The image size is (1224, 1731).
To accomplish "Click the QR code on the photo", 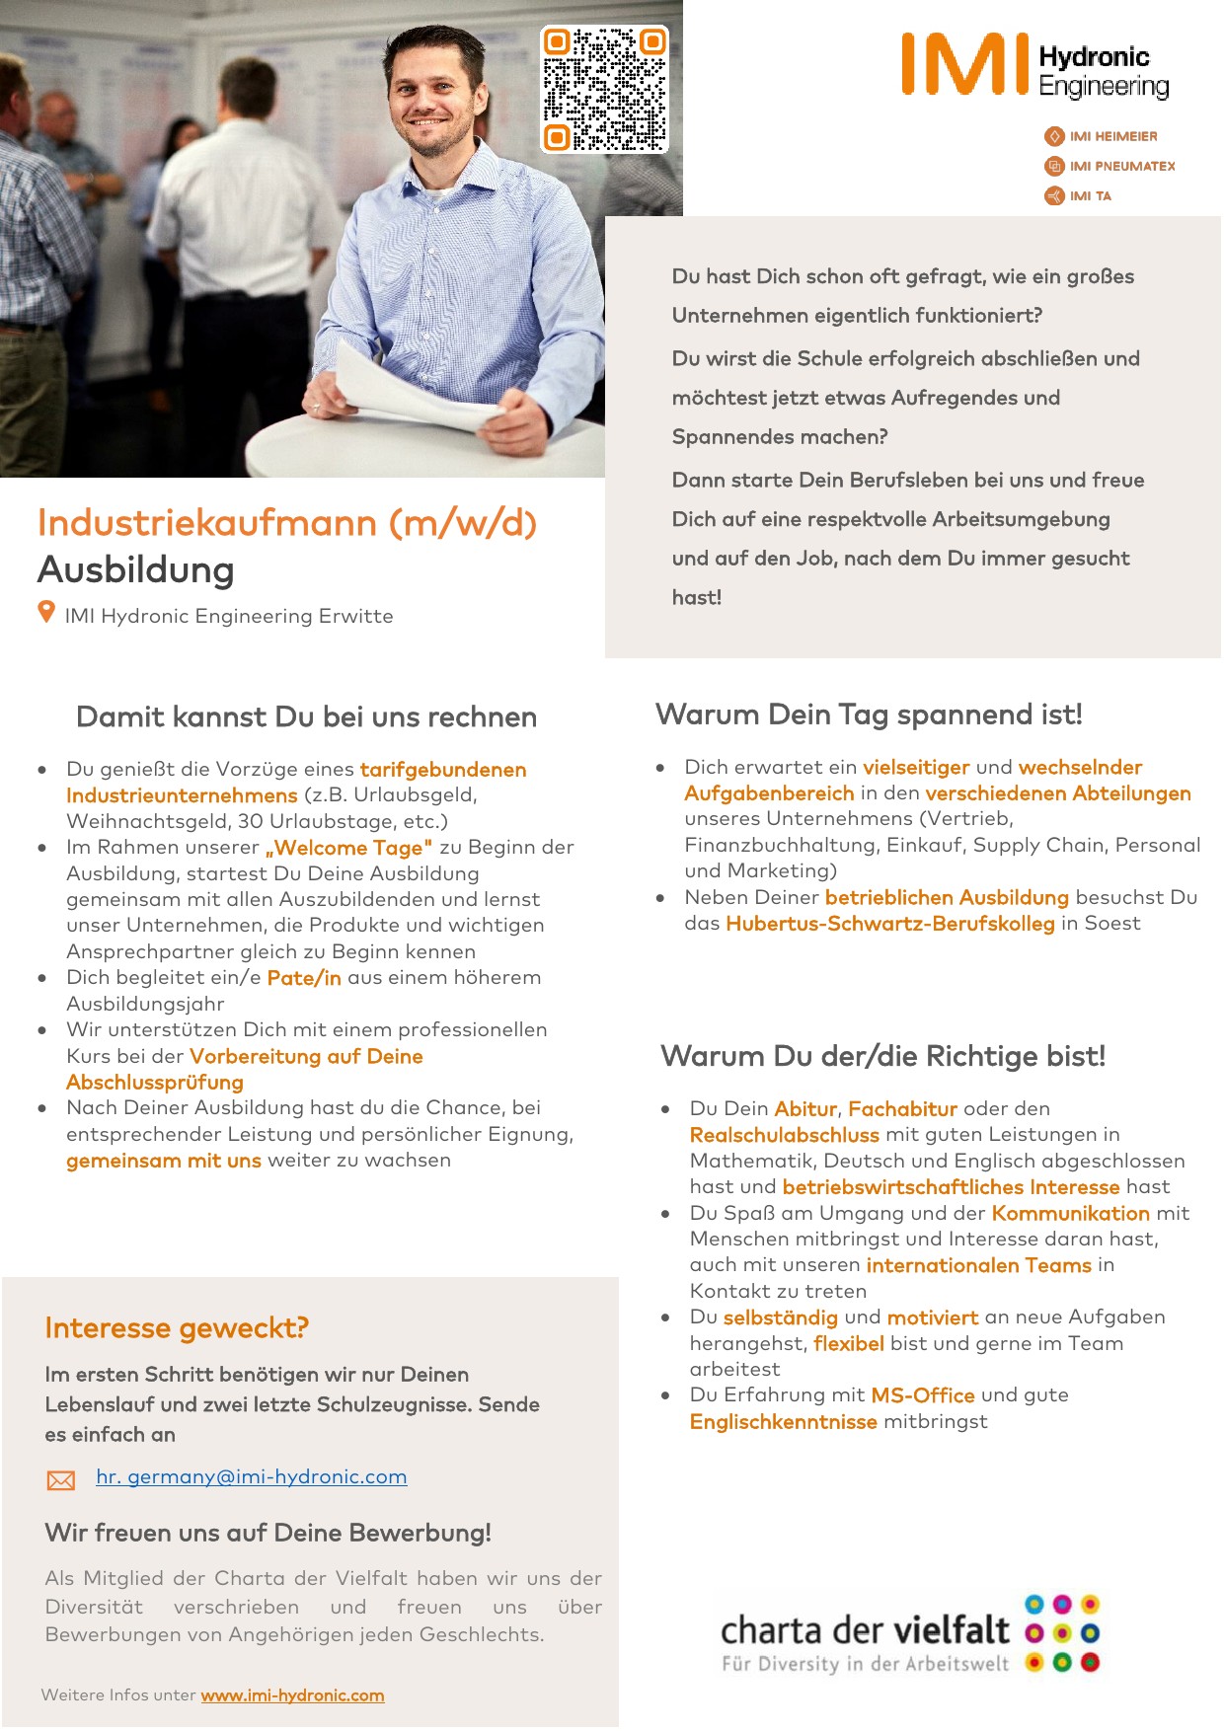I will pos(604,90).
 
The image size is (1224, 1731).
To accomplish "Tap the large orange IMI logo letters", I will pos(965,64).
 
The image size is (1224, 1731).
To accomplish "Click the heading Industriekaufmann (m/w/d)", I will pos(287,523).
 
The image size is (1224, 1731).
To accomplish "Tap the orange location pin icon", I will pos(46,613).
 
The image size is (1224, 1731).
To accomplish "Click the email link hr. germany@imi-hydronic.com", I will pos(251,1476).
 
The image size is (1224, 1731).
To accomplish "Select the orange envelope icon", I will pos(61,1479).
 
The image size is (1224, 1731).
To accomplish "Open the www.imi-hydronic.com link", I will pos(292,1695).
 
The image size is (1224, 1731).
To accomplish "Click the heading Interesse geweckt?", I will pos(177,1328).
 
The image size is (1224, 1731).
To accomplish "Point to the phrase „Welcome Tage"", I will pos(348,848).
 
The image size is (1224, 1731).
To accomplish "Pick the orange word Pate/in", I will pos(304,978).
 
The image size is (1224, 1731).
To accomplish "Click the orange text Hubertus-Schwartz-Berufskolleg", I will pos(889,924).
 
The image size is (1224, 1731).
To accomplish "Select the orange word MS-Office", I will pos(922,1395).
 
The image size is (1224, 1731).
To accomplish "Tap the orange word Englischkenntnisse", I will pos(783,1422).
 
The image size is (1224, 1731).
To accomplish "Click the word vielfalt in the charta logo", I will pos(951,1629).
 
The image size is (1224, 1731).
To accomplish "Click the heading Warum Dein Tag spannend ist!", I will pos(869,715).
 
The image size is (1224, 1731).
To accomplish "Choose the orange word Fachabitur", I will pos(902,1109).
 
